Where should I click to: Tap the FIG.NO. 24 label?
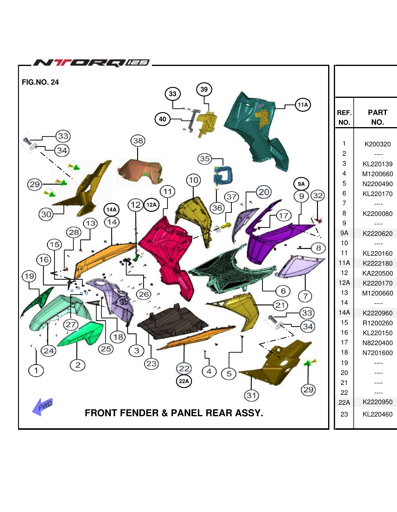pyautogui.click(x=40, y=82)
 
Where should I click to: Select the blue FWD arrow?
pyautogui.click(x=43, y=407)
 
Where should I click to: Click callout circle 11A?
pyautogui.click(x=303, y=105)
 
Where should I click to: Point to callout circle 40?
pyautogui.click(x=162, y=119)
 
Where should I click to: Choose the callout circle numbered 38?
pyautogui.click(x=138, y=141)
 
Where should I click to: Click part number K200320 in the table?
pyautogui.click(x=377, y=144)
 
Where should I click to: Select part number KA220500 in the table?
pyautogui.click(x=377, y=273)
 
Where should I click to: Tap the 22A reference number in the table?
pyautogui.click(x=344, y=402)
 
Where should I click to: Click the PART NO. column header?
pyautogui.click(x=377, y=117)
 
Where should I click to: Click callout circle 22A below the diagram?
pyautogui.click(x=184, y=381)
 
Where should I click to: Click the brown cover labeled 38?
pyautogui.click(x=140, y=172)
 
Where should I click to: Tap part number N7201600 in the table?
pyautogui.click(x=377, y=353)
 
